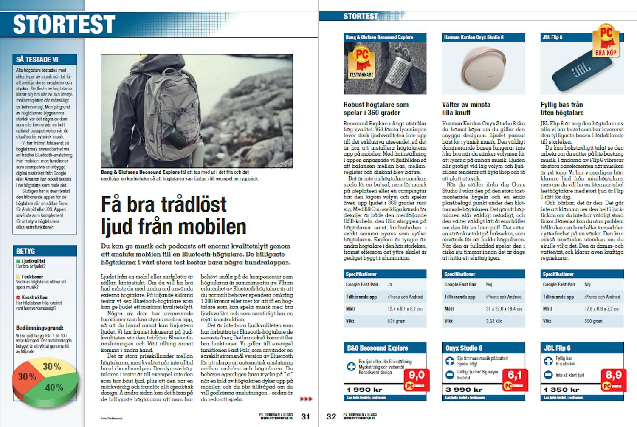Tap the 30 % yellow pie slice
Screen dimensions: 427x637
point(51,366)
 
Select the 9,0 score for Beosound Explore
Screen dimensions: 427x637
point(416,375)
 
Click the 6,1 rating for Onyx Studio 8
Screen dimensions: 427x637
point(514,375)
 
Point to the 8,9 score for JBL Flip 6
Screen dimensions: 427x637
point(613,375)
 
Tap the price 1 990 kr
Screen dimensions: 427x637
point(365,390)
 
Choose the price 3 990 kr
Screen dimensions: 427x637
point(463,390)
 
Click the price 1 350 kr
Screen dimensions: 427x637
point(561,390)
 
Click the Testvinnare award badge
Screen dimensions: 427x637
point(361,62)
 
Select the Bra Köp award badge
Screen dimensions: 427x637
point(606,42)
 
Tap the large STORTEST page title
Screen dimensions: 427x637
point(65,24)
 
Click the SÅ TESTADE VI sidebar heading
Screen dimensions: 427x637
point(37,59)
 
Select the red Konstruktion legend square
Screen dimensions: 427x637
point(18,297)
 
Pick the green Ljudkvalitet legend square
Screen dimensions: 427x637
point(18,261)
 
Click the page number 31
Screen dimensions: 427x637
point(305,416)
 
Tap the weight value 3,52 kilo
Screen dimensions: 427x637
point(493,321)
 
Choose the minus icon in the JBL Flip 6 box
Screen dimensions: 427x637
point(548,375)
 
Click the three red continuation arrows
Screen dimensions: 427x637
point(306,399)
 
